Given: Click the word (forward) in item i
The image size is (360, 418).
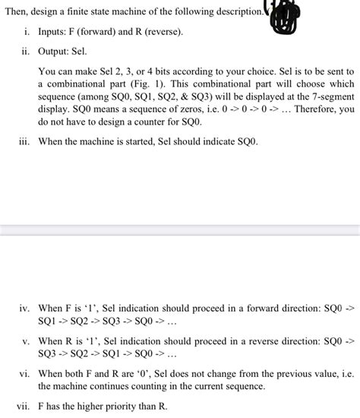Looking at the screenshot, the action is [x=106, y=33].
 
